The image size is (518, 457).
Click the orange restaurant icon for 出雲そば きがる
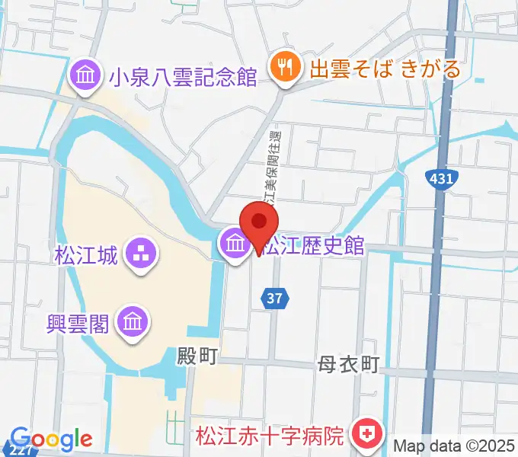tap(284, 69)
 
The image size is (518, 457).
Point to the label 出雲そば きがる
tap(385, 69)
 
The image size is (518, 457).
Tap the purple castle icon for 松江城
tap(139, 254)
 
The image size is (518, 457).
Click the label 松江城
tap(86, 254)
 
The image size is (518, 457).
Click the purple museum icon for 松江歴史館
tap(232, 244)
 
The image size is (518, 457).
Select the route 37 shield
tap(277, 299)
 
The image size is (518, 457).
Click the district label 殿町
tap(198, 356)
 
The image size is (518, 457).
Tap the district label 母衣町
tap(348, 365)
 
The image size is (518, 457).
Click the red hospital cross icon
tap(363, 435)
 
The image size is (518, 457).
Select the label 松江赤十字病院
tap(270, 436)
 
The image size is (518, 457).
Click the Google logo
tap(51, 439)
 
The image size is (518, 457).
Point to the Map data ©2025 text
tap(455, 445)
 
